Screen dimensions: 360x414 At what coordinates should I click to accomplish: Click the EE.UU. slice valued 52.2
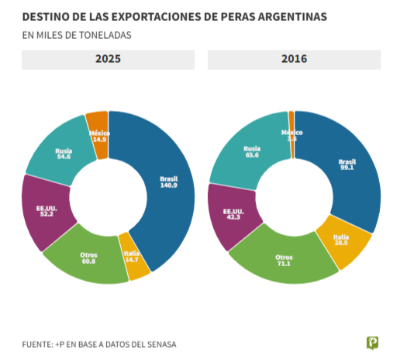pos(45,210)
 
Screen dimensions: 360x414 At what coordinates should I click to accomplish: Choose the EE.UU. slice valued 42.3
pos(232,215)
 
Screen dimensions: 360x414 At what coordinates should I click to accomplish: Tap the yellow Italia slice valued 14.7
pos(133,258)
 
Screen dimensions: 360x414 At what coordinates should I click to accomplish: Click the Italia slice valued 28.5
pos(342,241)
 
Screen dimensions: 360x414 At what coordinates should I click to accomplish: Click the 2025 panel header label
pos(108,59)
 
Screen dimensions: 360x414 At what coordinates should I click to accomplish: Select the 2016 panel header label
pos(294,59)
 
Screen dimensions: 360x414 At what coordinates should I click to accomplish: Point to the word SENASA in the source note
pos(158,343)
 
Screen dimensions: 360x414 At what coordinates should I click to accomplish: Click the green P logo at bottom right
pos(373,342)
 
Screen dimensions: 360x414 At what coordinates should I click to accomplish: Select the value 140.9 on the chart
pos(168,185)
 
